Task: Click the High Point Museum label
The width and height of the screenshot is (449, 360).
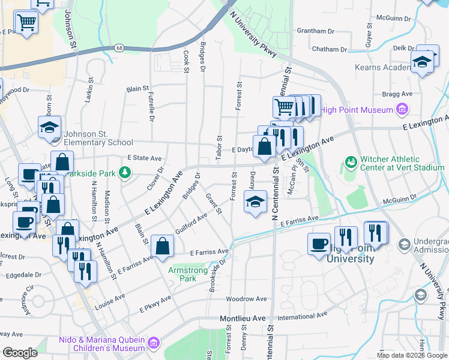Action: (x=357, y=109)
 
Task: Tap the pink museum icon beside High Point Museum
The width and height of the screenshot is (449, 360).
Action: (x=402, y=109)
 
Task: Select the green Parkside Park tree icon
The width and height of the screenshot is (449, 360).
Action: (x=125, y=173)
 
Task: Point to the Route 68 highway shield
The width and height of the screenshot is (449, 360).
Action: (x=119, y=48)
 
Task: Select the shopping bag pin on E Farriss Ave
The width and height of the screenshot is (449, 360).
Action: (x=163, y=245)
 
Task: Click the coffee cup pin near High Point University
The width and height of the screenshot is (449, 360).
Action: (x=319, y=244)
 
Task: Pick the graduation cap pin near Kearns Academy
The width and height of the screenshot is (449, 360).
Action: (x=423, y=62)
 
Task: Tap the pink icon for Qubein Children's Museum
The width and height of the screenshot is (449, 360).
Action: (x=154, y=343)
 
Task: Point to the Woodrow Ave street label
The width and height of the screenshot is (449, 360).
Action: (x=246, y=298)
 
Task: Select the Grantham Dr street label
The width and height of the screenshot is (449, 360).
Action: (x=315, y=31)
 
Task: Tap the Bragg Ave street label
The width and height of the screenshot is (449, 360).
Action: (x=398, y=94)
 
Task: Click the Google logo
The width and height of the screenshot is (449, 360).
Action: (x=20, y=353)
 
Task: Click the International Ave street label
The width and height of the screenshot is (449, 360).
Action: (x=303, y=314)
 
